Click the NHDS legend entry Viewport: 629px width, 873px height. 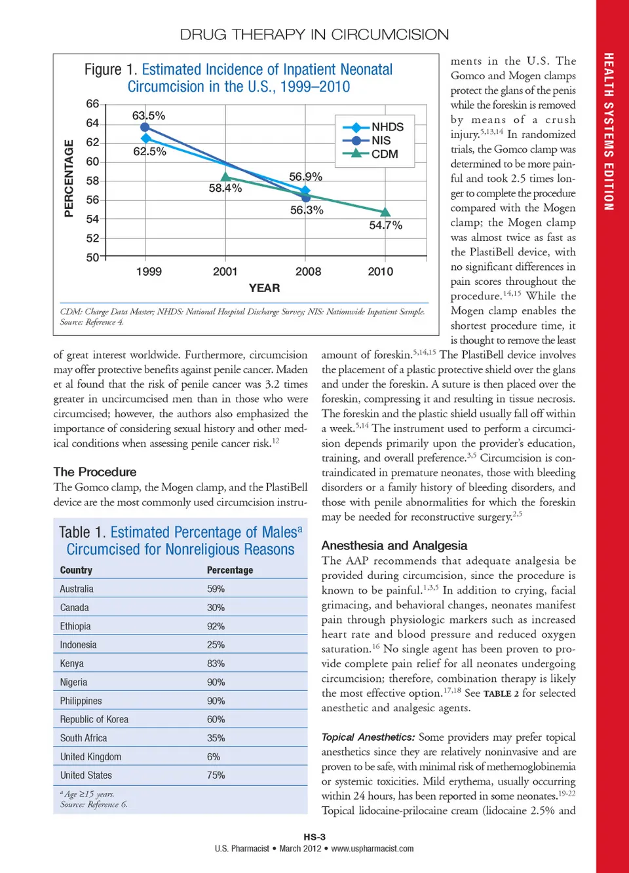387,127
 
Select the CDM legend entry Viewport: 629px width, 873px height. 385,154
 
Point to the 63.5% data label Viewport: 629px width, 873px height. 149,116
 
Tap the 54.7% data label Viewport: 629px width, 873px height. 385,225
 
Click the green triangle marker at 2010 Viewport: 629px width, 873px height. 385,212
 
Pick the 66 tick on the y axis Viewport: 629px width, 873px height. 92,103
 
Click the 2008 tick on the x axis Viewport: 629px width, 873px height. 308,272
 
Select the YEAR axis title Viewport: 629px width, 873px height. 264,288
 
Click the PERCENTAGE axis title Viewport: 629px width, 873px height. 69,178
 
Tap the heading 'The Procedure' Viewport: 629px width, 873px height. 95,472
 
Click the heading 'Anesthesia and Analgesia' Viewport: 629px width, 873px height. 394,546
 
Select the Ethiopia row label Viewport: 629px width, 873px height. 75,626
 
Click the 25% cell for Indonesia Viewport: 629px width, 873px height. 216,644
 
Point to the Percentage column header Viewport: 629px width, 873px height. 230,570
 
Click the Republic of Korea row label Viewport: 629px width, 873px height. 94,719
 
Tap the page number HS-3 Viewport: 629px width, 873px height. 314,837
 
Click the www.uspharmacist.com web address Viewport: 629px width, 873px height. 372,849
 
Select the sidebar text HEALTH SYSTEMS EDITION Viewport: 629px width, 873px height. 609,132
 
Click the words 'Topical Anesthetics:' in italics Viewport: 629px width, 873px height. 368,737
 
